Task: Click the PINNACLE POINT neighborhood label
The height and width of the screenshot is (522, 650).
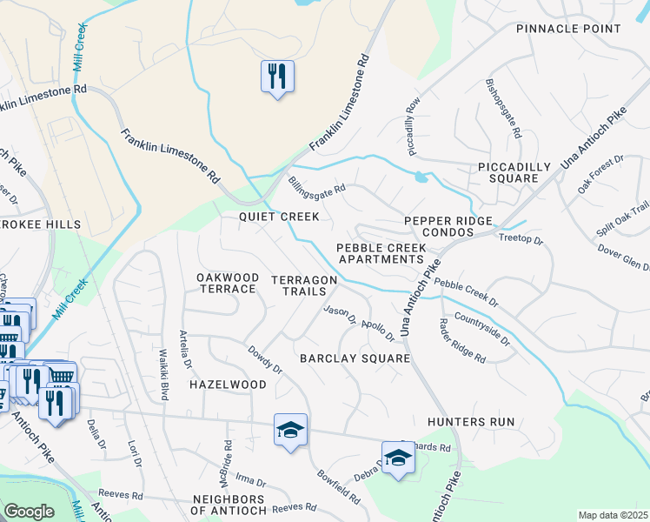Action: [568, 29]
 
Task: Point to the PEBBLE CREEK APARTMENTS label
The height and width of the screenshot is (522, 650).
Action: [382, 253]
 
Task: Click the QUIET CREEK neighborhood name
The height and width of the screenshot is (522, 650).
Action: [280, 216]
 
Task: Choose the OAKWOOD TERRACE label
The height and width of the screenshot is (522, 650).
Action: [228, 283]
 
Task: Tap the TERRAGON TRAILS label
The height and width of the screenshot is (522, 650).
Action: [303, 284]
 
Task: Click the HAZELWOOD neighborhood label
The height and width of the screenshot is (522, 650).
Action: [228, 384]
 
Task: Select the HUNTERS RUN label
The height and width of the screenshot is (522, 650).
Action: [471, 422]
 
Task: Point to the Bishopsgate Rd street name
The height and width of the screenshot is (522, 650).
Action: [503, 110]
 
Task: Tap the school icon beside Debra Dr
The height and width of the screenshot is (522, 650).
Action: [398, 457]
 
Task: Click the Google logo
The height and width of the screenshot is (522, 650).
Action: [30, 512]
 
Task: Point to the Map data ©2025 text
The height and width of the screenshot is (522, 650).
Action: [612, 515]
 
